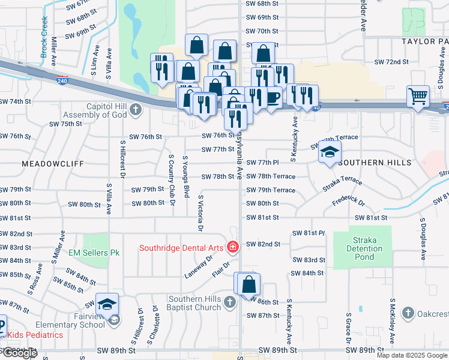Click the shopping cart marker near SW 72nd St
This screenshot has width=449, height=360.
pyautogui.click(x=418, y=95)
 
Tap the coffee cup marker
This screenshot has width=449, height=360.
pyautogui.click(x=272, y=97)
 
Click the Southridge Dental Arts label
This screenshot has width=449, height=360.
pyautogui.click(x=182, y=247)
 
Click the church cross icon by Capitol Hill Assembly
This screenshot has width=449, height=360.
pyautogui.click(x=137, y=109)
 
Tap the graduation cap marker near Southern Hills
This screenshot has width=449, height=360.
pyautogui.click(x=330, y=153)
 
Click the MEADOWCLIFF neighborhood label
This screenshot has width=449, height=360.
pyautogui.click(x=50, y=163)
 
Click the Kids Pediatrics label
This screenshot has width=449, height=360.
pyautogui.click(x=34, y=334)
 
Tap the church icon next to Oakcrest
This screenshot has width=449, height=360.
pyautogui.click(x=408, y=313)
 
